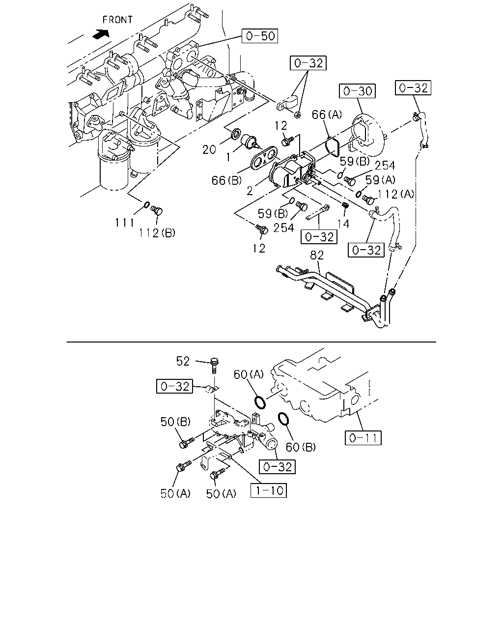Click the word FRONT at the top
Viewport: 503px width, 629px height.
click(117, 20)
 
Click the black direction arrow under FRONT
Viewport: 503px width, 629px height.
click(101, 34)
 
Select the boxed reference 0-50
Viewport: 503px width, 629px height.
click(259, 36)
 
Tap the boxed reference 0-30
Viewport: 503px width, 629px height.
click(357, 91)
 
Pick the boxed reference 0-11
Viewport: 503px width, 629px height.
click(363, 438)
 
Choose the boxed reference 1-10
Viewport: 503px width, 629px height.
click(269, 490)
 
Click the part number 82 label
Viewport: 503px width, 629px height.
click(317, 255)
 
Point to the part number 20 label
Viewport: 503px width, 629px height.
click(209, 150)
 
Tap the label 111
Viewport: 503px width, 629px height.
click(124, 223)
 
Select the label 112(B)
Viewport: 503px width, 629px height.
click(157, 233)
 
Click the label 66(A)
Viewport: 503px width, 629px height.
click(327, 114)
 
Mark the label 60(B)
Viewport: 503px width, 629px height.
click(301, 447)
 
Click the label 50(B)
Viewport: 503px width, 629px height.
click(175, 422)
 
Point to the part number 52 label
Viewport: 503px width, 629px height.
click(183, 361)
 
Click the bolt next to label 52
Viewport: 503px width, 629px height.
click(214, 366)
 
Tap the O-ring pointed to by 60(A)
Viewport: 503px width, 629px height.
click(260, 402)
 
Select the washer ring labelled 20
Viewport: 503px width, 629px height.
click(236, 133)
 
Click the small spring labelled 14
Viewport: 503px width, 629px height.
click(345, 205)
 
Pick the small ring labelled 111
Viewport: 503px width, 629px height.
click(146, 205)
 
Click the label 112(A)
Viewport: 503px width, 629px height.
click(396, 194)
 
